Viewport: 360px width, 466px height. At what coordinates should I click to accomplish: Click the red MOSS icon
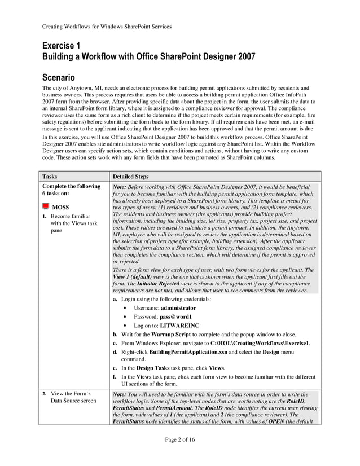point(46,206)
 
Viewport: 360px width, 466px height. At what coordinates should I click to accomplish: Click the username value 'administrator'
point(178,308)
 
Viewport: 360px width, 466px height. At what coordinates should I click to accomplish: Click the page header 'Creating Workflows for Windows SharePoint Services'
point(107,26)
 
